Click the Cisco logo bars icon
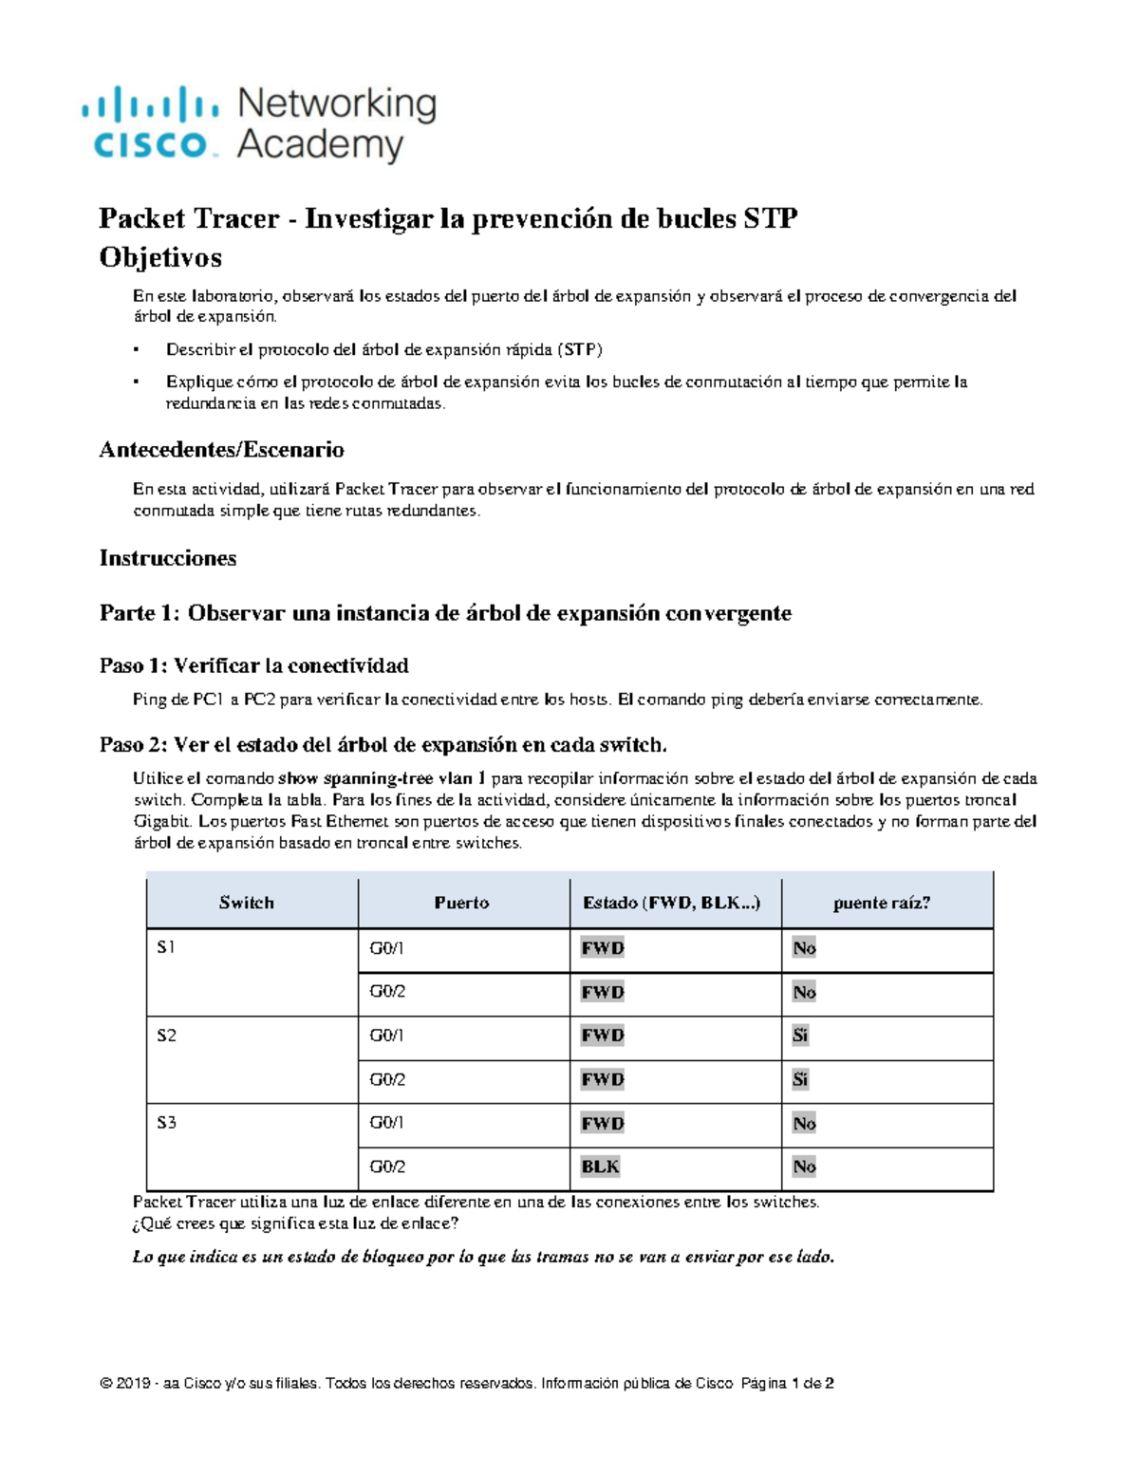point(150,103)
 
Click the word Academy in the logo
point(320,146)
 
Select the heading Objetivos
point(160,258)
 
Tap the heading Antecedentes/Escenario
point(221,450)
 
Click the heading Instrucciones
point(168,558)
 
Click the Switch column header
point(246,903)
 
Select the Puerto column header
point(461,903)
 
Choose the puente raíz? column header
point(882,903)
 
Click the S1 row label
point(166,947)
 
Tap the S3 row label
point(166,1123)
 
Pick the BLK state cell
point(600,1166)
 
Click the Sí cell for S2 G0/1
point(800,1036)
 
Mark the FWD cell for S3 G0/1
point(602,1124)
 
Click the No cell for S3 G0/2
point(804,1166)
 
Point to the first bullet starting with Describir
point(383,349)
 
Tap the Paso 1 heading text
point(253,665)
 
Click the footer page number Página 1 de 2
point(787,1384)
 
